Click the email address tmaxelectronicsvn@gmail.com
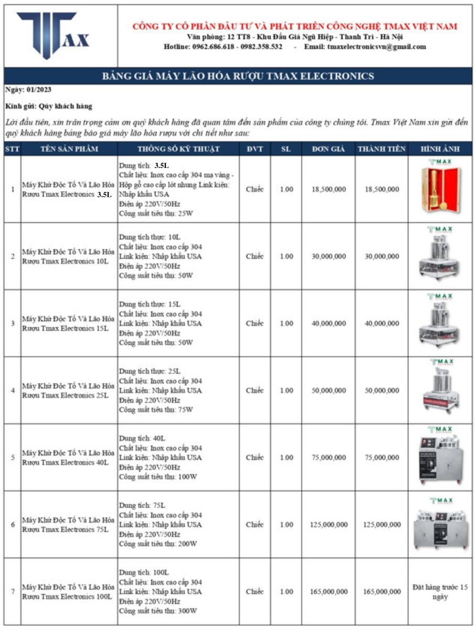click(x=376, y=47)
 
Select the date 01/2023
click(x=39, y=90)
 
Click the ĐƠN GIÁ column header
click(x=329, y=149)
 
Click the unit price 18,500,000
click(x=329, y=190)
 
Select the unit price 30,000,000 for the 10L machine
click(x=329, y=257)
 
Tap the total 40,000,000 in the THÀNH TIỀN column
click(x=382, y=324)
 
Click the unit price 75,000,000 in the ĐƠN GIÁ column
click(x=329, y=458)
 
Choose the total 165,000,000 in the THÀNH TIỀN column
click(x=382, y=592)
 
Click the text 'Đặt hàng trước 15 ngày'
click(x=440, y=592)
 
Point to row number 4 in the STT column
click(x=13, y=391)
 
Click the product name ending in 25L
click(x=68, y=391)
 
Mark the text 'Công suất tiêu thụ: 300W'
click(x=157, y=611)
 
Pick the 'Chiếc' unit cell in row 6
click(x=255, y=524)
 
